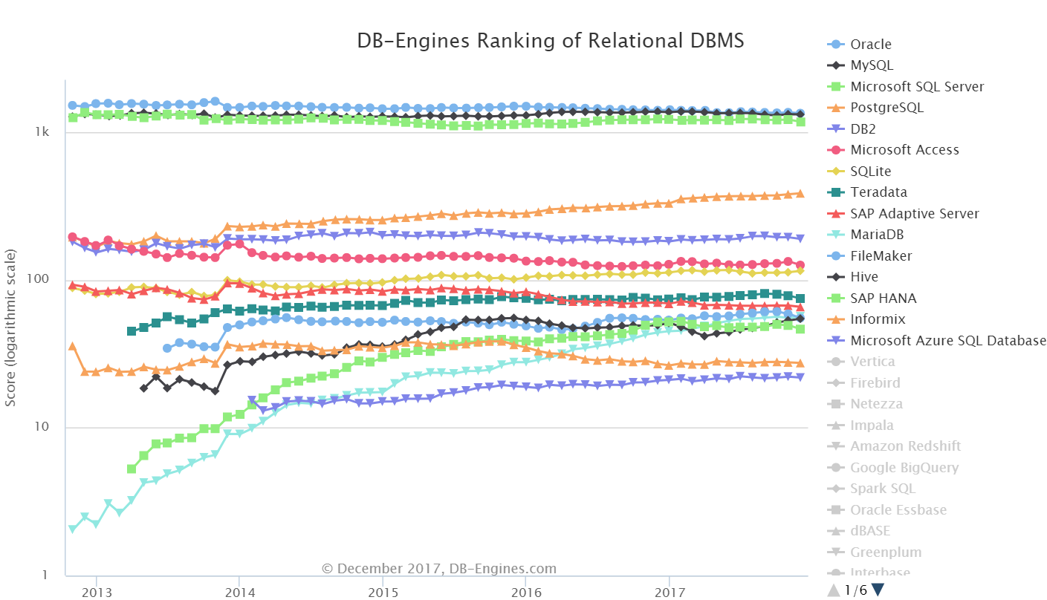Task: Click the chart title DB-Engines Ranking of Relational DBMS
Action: [x=550, y=41]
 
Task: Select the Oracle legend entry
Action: [x=871, y=45]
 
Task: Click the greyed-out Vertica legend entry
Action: [x=872, y=362]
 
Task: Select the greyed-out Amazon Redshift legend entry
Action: [x=905, y=446]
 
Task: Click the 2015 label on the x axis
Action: [x=383, y=593]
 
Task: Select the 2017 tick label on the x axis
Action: [x=670, y=593]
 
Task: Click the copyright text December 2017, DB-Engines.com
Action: [x=438, y=569]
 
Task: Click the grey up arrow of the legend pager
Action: [x=834, y=590]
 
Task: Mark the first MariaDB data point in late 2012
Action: [x=72, y=529]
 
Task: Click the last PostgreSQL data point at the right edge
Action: [x=800, y=194]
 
